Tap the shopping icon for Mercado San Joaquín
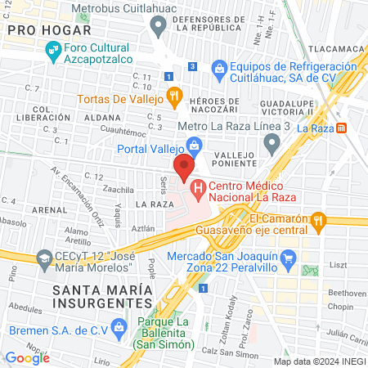pyautogui.click(x=287, y=260)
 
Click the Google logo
pyautogui.click(x=27, y=357)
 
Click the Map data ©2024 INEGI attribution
pyautogui.click(x=318, y=361)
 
